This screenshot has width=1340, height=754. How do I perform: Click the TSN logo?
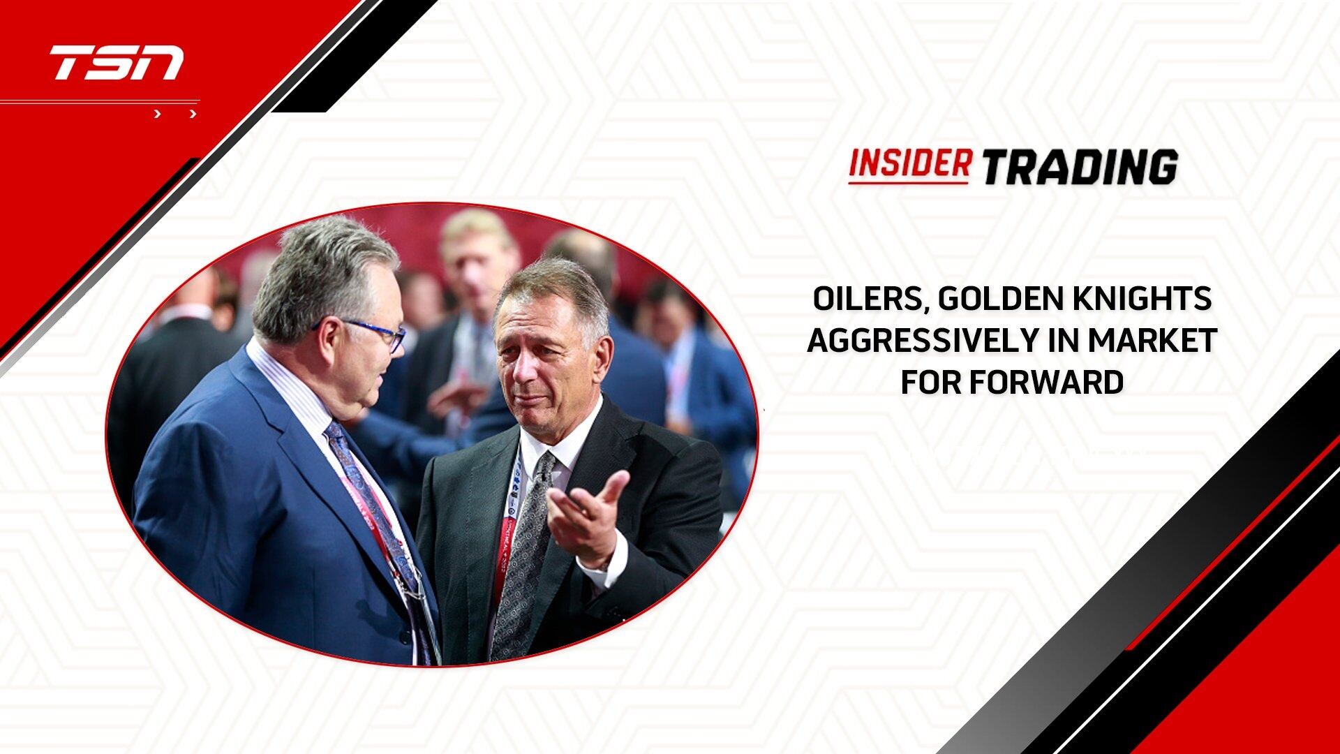[x=117, y=63]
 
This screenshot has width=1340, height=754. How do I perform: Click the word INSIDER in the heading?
[x=909, y=165]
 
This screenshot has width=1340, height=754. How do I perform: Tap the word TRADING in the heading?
[x=1080, y=167]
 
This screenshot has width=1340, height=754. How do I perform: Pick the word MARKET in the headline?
[x=1152, y=341]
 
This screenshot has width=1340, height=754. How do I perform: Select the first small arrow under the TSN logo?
[x=158, y=114]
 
